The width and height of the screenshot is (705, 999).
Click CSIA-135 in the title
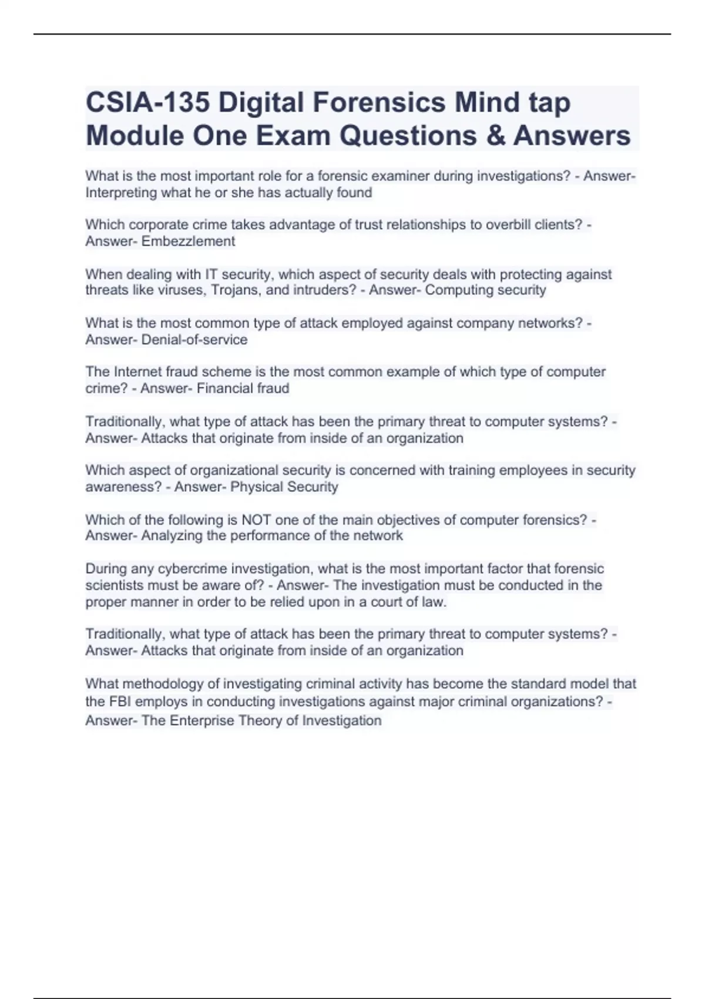pyautogui.click(x=147, y=103)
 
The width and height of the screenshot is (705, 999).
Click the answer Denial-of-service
pyautogui.click(x=194, y=340)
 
